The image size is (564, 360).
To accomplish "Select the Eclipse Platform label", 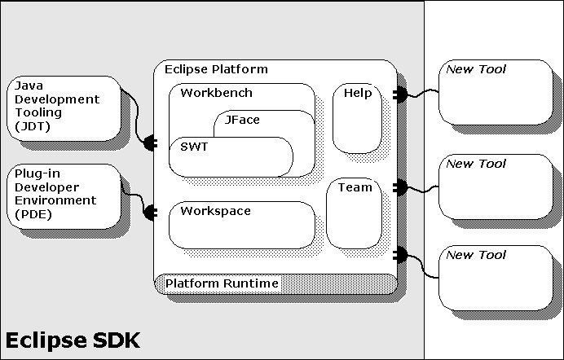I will point(216,69).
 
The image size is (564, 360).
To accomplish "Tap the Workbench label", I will point(216,93).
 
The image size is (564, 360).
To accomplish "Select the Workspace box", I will point(241,225).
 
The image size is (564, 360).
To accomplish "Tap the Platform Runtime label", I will point(222,283).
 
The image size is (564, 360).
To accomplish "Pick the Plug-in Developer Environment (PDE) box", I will point(61,194).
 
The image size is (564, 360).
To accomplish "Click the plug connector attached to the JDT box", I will point(150,143).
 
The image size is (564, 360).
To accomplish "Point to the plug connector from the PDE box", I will point(150,213).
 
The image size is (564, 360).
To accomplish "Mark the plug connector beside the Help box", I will point(399,94).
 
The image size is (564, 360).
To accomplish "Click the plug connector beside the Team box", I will point(399,188).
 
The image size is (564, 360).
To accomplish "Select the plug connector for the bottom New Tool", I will point(400,253).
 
